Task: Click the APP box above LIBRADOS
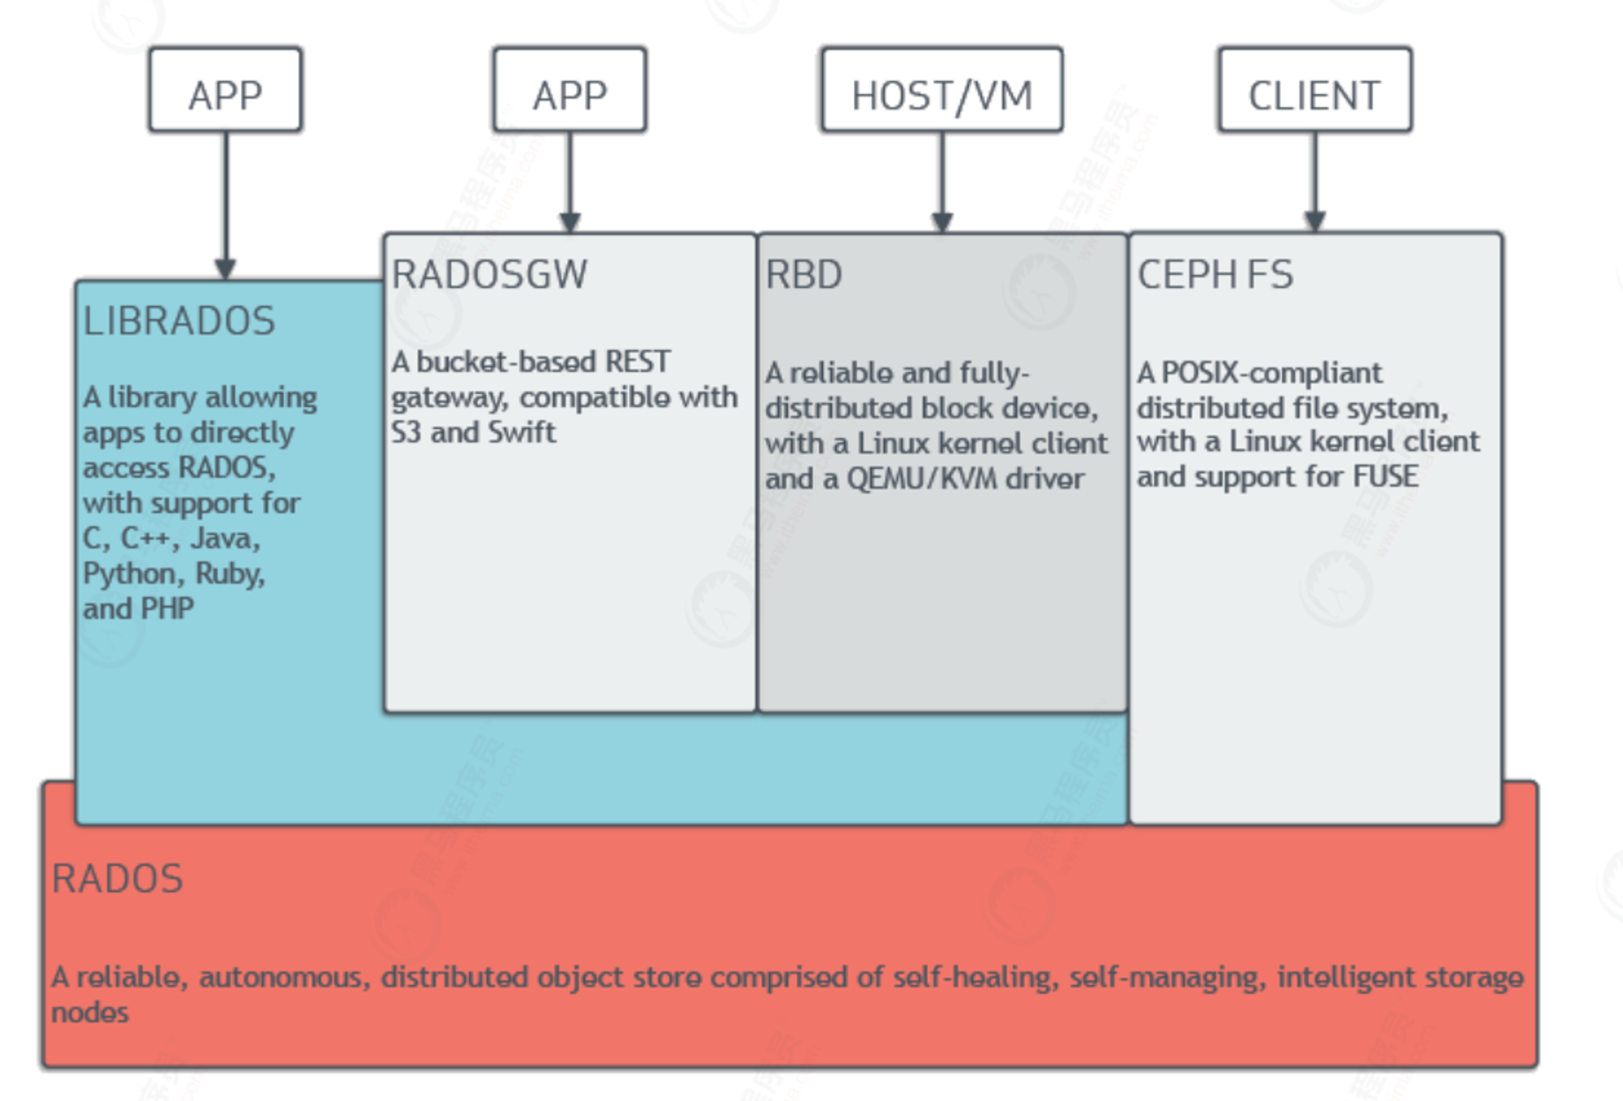(x=226, y=89)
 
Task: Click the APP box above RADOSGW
(x=570, y=89)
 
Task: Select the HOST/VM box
(x=941, y=89)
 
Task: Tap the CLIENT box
(x=1315, y=89)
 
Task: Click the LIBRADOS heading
(x=179, y=320)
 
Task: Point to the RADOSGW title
(x=489, y=274)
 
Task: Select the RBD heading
(x=803, y=274)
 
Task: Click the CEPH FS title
(x=1215, y=274)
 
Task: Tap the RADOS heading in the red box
(x=118, y=879)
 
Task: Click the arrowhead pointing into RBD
(x=941, y=222)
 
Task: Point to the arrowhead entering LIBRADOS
(x=226, y=269)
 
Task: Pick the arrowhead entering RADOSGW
(x=570, y=222)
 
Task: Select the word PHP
(x=166, y=609)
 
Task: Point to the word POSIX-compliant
(x=1272, y=373)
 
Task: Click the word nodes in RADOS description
(x=90, y=1013)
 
